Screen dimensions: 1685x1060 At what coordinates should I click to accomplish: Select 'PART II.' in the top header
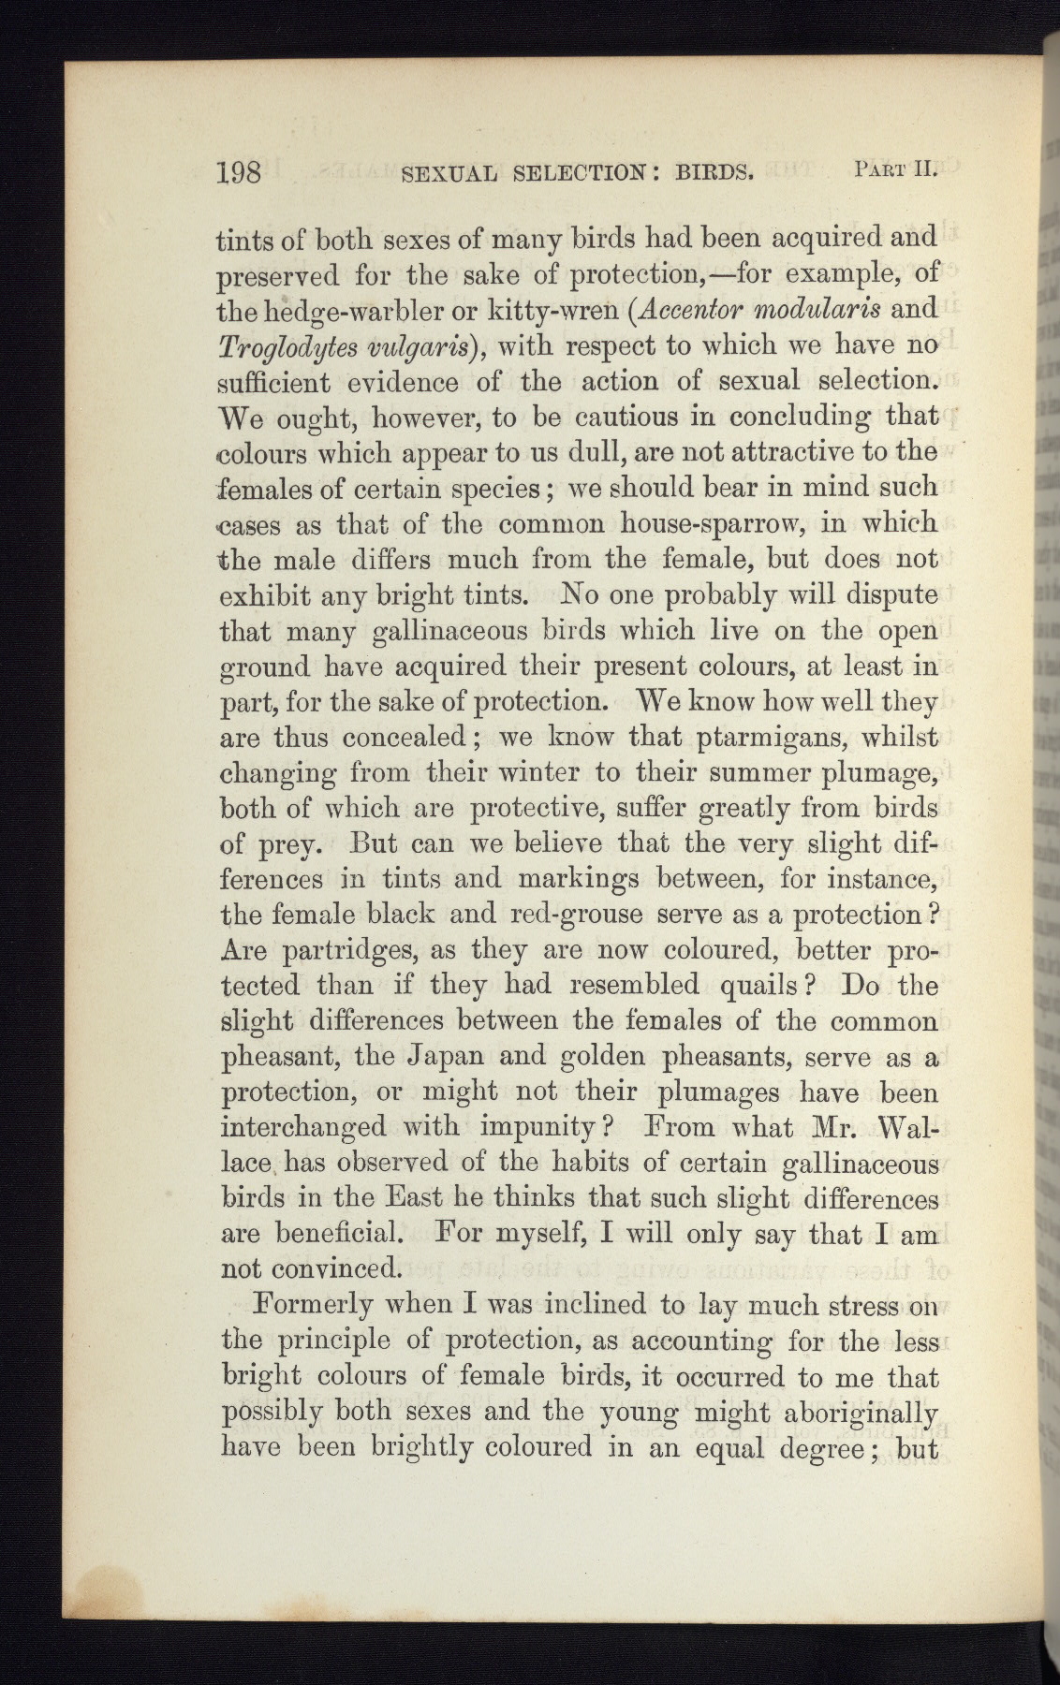[x=896, y=169]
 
